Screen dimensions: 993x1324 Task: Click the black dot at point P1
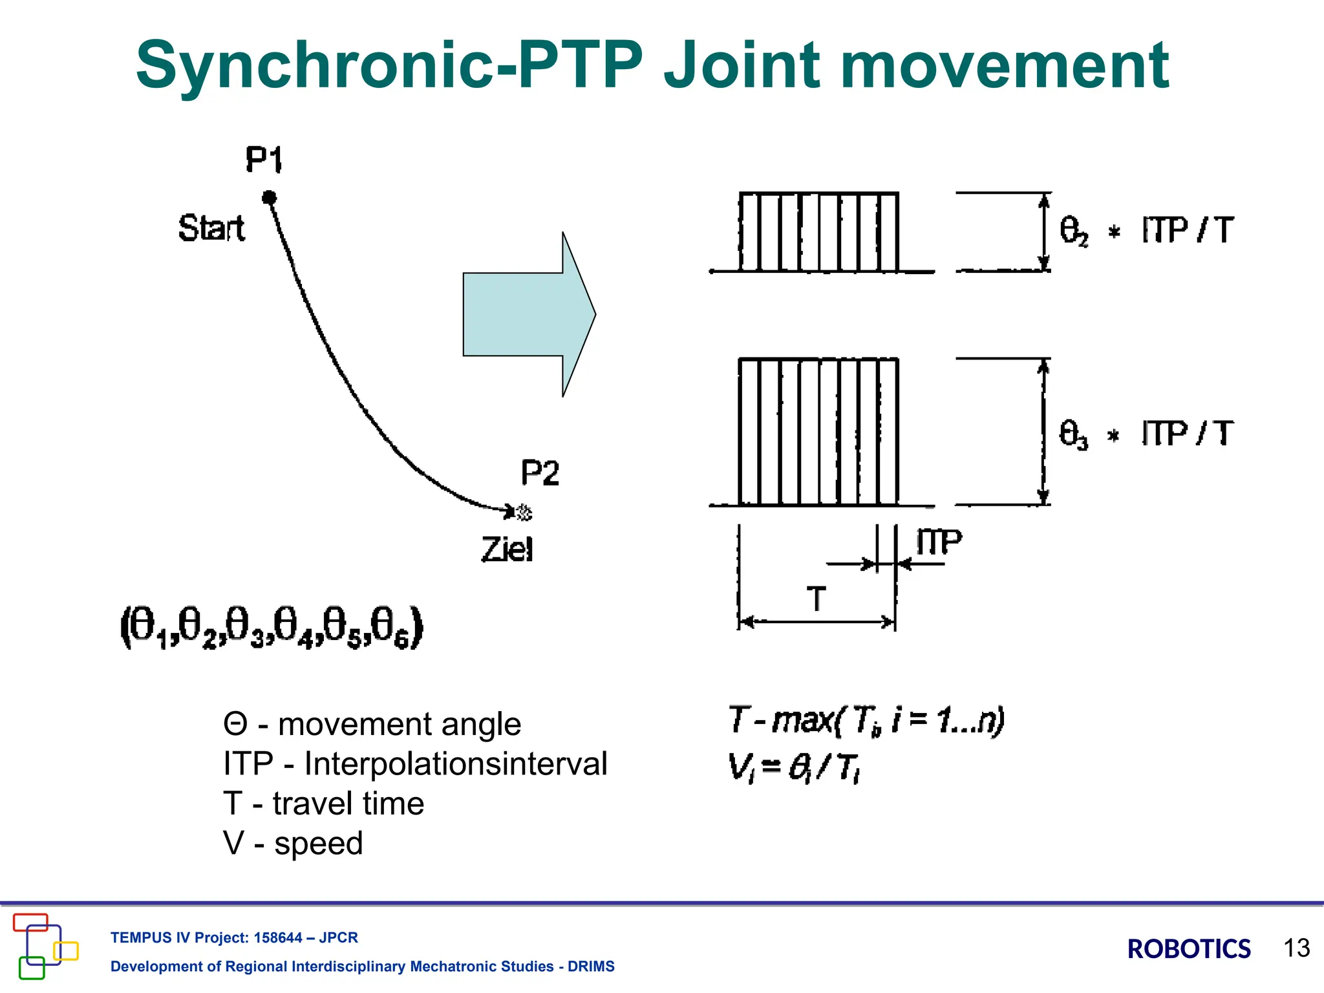270,197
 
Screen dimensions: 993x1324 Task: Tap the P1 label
264,160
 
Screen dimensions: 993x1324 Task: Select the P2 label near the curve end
540,473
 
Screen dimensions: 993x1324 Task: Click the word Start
211,228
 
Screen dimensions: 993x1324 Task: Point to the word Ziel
507,550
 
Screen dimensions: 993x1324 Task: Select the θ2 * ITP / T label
1146,231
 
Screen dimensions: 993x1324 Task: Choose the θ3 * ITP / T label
1146,434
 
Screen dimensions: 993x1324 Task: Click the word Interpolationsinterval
456,763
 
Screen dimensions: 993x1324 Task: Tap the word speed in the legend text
319,843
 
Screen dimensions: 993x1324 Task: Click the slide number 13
1296,948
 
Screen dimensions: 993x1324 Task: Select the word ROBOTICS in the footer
1189,949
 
